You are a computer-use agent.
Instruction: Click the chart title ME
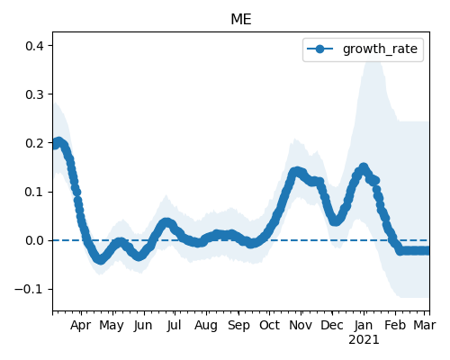[241, 20]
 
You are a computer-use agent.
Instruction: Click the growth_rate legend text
[380, 49]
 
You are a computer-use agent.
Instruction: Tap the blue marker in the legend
[320, 49]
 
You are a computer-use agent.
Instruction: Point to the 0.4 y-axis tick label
[35, 46]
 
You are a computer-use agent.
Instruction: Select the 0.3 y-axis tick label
[35, 94]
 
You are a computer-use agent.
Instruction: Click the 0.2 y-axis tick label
[35, 143]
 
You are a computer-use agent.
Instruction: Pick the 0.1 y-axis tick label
[35, 192]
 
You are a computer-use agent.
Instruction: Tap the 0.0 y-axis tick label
[35, 240]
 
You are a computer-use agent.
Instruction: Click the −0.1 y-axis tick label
[30, 289]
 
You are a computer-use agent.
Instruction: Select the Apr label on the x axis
[81, 325]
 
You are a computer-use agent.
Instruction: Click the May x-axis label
[112, 325]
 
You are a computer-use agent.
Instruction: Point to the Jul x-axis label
[175, 325]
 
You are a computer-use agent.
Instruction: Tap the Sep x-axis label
[238, 325]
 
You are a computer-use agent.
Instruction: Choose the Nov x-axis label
[301, 325]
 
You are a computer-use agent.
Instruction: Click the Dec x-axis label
[332, 325]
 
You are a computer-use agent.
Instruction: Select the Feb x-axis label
[395, 325]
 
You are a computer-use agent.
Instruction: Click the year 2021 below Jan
[364, 340]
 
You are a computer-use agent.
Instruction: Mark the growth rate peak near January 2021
[364, 167]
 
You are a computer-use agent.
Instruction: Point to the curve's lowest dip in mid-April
[101, 260]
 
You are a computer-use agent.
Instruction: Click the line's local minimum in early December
[336, 221]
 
